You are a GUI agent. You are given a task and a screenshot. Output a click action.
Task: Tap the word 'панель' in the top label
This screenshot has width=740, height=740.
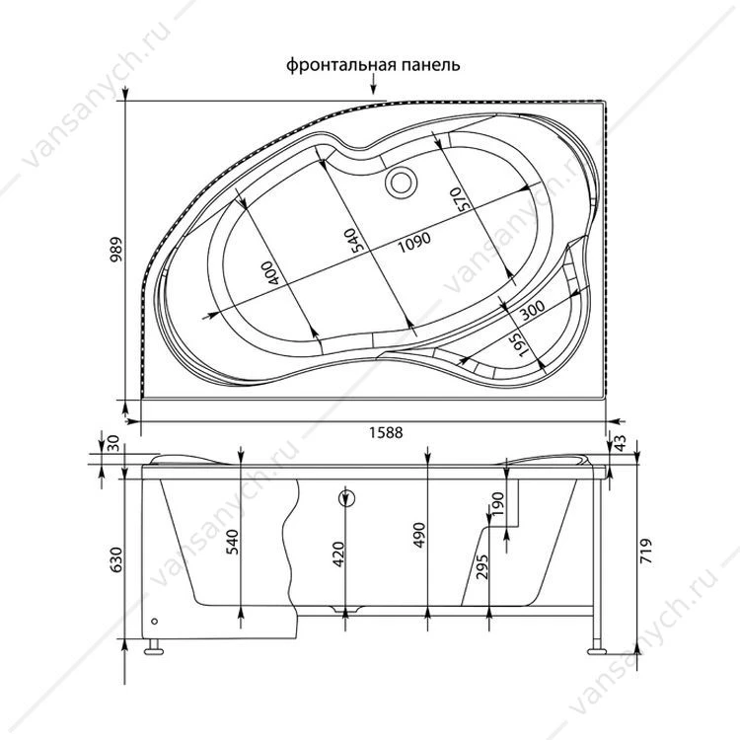tap(431, 65)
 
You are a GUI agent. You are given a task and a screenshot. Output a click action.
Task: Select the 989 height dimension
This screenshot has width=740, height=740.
tap(116, 250)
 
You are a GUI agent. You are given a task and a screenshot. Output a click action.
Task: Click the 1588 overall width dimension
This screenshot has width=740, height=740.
tap(386, 432)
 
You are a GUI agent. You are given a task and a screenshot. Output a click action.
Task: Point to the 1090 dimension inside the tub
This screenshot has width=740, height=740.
tap(414, 242)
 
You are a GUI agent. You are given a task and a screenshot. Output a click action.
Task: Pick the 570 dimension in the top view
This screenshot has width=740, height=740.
tap(456, 199)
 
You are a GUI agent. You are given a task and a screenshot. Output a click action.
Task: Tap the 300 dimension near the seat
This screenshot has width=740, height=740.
tap(533, 310)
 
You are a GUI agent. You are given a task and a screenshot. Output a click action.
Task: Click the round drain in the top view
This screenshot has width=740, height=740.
tap(401, 183)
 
